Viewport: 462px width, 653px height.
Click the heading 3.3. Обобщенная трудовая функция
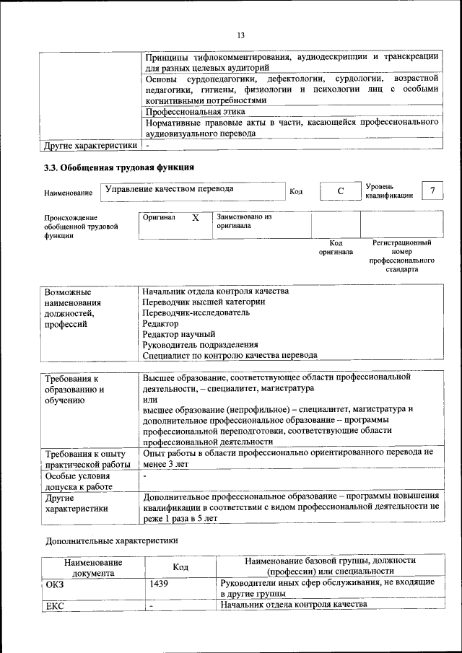pos(119,167)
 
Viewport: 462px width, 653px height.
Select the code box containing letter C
pos(339,190)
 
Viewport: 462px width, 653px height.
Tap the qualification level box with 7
pos(432,190)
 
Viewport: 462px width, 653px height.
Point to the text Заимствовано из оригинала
pos(243,221)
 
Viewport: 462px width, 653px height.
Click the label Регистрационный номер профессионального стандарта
pos(401,256)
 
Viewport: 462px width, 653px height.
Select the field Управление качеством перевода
pos(170,189)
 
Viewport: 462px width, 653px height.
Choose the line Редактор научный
pos(178,334)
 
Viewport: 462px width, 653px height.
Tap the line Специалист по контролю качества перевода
pos(230,355)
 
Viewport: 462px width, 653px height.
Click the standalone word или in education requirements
pos(149,399)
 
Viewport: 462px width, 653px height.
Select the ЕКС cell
pos(55,605)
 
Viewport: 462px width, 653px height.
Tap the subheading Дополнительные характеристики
pos(111,540)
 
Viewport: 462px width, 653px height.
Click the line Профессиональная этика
pos(195,112)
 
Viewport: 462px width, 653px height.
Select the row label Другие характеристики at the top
pos(90,146)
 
